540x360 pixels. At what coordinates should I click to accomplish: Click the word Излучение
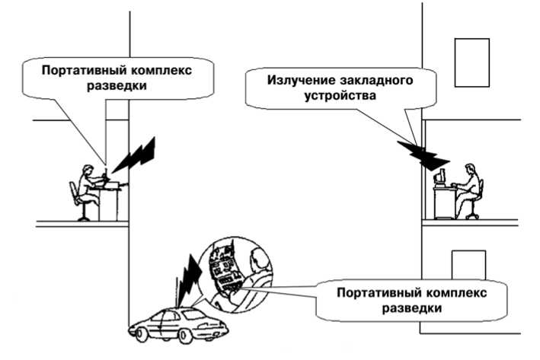click(x=302, y=80)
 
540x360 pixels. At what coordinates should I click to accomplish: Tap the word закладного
click(x=376, y=81)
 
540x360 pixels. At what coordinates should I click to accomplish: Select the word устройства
click(x=340, y=95)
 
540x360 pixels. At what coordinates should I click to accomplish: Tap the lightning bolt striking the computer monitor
click(x=423, y=155)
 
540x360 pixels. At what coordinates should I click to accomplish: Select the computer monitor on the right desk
click(x=439, y=178)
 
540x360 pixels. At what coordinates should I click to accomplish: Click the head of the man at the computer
click(x=470, y=169)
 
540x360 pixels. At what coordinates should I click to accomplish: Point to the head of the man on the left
click(x=88, y=170)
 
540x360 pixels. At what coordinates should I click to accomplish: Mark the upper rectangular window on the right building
click(x=471, y=62)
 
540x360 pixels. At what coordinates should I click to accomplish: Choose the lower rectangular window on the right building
click(x=468, y=265)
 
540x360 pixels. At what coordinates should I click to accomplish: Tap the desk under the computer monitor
click(x=444, y=203)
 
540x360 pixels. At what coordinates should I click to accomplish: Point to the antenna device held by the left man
click(x=106, y=174)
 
